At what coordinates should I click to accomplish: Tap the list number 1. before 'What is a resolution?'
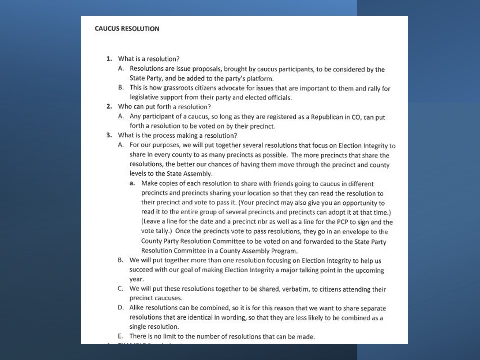point(108,59)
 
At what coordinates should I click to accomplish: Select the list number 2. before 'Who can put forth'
point(108,107)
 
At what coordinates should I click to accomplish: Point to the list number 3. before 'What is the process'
point(108,135)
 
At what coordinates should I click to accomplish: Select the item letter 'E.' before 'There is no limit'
point(121,337)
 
